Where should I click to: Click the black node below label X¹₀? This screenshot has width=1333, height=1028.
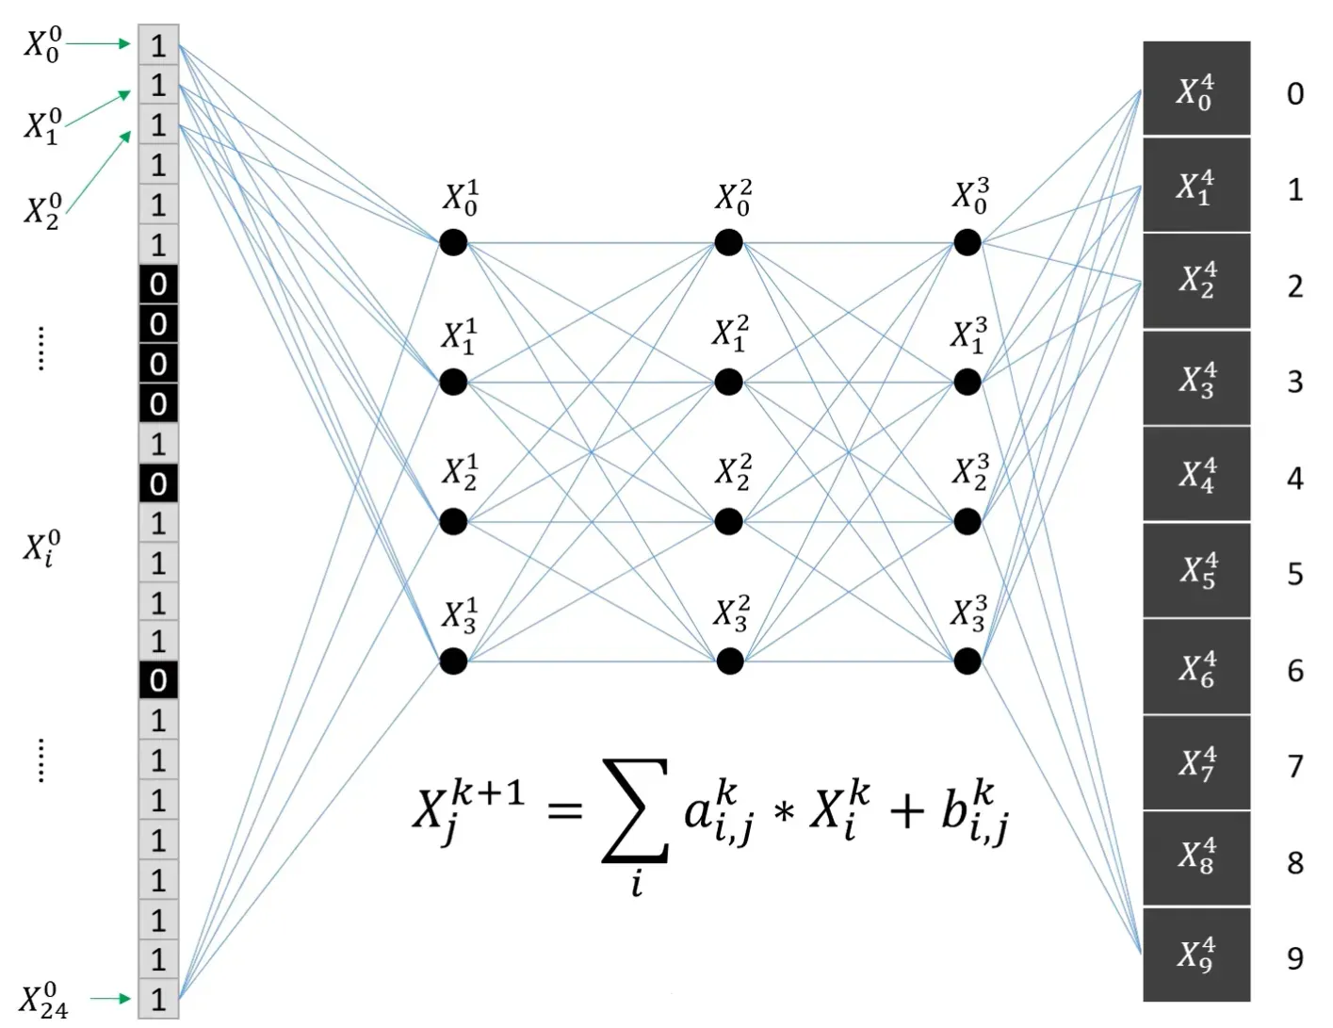[453, 242]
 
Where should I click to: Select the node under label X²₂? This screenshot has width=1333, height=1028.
[728, 521]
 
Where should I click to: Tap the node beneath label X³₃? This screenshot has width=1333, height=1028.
[967, 661]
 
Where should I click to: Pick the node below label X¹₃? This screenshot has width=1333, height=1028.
[453, 661]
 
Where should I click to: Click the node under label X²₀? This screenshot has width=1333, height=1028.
[728, 242]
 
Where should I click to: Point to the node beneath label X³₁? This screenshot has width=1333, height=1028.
[967, 382]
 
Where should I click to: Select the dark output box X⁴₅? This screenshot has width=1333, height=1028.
[1196, 571]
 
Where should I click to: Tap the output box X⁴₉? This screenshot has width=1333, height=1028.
[1196, 955]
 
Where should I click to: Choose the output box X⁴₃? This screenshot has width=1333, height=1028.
[1196, 378]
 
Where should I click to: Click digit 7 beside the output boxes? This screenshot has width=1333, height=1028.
[1295, 766]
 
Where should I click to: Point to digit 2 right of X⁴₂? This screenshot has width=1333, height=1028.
[1295, 286]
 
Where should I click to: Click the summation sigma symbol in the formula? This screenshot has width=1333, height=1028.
[637, 811]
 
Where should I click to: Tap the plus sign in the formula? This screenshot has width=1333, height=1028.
[905, 810]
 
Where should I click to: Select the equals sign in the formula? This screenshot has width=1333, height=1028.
[565, 809]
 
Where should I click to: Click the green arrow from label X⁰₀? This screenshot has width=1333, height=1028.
[99, 43]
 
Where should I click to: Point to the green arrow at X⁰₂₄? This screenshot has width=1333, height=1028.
[112, 999]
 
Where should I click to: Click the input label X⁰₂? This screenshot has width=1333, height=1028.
[42, 210]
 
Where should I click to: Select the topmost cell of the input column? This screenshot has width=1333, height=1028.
[158, 44]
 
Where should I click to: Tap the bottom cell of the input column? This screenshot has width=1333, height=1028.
[158, 999]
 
